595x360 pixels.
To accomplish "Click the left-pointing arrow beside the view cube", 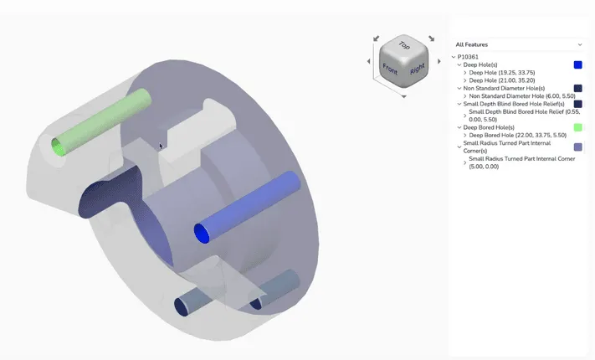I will click(369, 61).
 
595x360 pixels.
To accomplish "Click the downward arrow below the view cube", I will click(404, 96).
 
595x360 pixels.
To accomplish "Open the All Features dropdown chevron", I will click(580, 44).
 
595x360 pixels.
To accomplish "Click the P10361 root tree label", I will click(468, 57).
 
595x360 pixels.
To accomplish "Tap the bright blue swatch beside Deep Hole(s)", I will click(577, 64).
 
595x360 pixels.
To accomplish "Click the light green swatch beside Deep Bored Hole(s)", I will click(577, 127).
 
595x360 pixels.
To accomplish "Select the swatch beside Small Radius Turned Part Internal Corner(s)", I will click(577, 147).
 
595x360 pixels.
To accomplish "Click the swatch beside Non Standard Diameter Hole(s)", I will click(577, 88).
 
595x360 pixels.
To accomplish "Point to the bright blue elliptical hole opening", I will click(202, 233).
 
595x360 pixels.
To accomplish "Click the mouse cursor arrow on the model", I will click(161, 145).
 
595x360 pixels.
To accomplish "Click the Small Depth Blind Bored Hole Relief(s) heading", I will click(513, 103).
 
